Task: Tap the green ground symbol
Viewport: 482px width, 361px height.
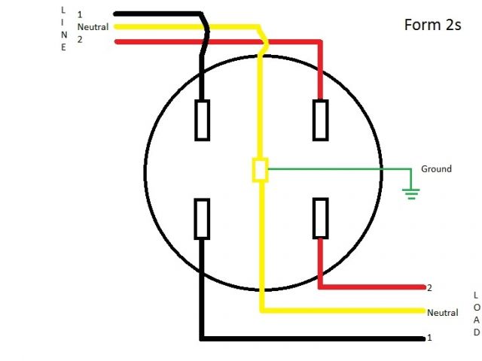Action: [410, 193]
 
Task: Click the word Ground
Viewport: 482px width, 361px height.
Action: [436, 169]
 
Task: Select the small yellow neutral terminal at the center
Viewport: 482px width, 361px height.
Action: [260, 170]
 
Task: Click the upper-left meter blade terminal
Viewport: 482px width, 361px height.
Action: [202, 120]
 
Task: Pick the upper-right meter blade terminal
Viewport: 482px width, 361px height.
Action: [320, 120]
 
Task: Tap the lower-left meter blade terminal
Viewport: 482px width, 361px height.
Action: [202, 219]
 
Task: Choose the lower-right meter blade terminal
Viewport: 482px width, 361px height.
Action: [320, 219]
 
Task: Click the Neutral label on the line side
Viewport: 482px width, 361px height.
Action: [93, 27]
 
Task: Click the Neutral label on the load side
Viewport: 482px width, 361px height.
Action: [442, 313]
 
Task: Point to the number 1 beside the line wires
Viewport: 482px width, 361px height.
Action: [80, 14]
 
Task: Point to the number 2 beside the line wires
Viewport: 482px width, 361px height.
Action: [80, 40]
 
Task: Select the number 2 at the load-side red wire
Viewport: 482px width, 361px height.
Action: [429, 288]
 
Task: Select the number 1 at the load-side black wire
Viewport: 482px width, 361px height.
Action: [429, 338]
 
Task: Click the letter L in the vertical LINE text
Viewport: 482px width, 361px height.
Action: [63, 10]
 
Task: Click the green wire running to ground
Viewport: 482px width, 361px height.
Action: [339, 169]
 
